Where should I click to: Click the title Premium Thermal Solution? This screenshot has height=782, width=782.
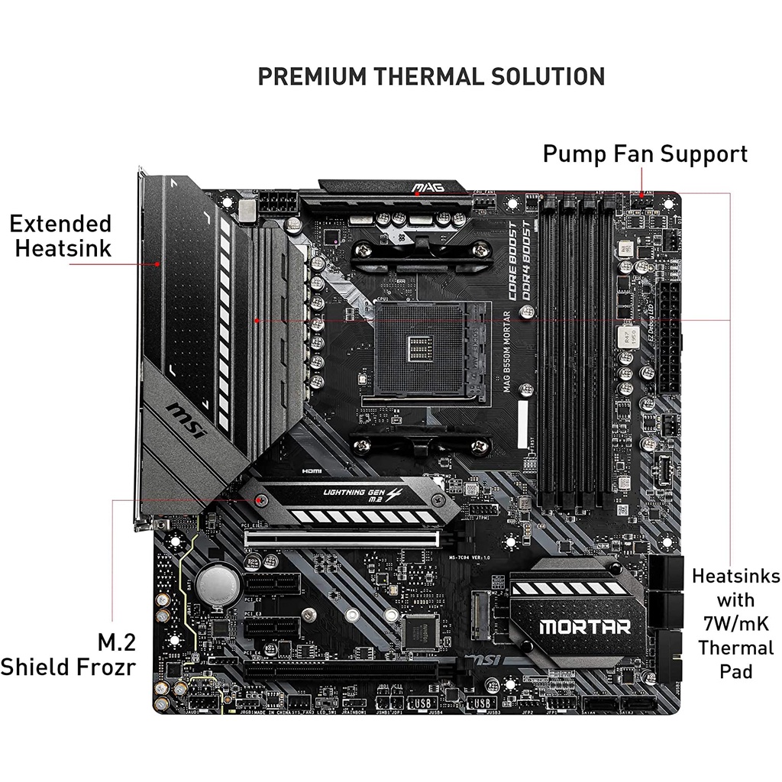431,76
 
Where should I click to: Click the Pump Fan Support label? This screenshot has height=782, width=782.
645,153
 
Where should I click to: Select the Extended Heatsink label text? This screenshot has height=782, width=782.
60,235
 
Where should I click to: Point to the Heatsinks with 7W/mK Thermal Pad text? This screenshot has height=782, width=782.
735,623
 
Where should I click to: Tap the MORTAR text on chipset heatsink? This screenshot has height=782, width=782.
585,627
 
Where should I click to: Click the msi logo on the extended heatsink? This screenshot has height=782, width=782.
186,420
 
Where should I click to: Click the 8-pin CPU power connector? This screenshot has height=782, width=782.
278,204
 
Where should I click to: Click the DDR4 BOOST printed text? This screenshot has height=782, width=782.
528,260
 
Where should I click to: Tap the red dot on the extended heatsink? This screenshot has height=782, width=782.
157,263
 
